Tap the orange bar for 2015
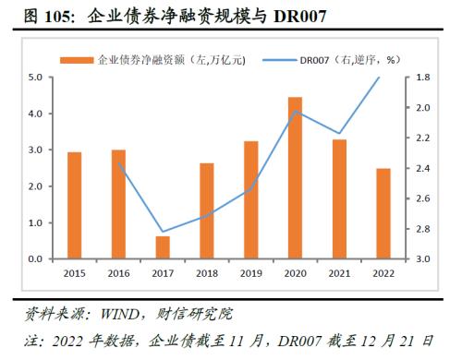click(x=75, y=206)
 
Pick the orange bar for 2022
click(x=383, y=214)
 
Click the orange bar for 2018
click(x=207, y=211)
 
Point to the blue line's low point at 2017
click(x=163, y=232)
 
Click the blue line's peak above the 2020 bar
click(x=295, y=111)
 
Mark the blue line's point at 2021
click(x=339, y=134)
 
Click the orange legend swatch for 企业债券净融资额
click(x=78, y=60)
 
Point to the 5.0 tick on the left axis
click(x=34, y=78)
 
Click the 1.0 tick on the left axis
click(x=34, y=223)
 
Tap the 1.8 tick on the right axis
click(x=420, y=78)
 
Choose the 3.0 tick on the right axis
click(x=420, y=259)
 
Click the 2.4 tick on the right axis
click(x=420, y=168)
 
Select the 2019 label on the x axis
click(x=250, y=274)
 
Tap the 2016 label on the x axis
click(x=118, y=274)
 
